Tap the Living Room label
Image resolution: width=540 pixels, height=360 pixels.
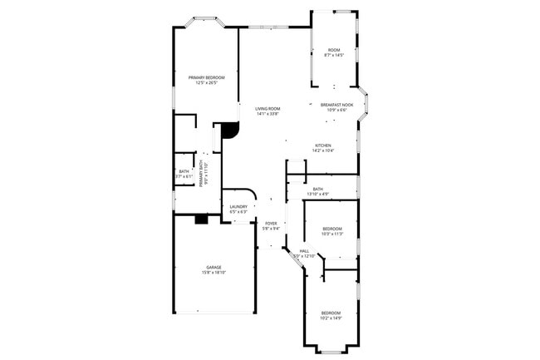[268, 109]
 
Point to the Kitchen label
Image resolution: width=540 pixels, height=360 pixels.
[323, 145]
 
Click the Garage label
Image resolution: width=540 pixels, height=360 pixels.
[214, 267]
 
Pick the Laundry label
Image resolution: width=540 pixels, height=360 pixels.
[238, 206]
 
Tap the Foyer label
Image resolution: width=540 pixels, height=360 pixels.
[271, 223]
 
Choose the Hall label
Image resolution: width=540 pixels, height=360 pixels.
[304, 250]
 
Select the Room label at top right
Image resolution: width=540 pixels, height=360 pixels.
[334, 50]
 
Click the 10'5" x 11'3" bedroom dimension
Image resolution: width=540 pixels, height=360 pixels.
[332, 234]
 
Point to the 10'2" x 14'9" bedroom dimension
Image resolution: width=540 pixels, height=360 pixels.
[331, 318]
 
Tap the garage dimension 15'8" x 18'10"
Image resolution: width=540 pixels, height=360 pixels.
[214, 272]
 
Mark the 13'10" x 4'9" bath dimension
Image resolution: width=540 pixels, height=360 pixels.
[317, 194]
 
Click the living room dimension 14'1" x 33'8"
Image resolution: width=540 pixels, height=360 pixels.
[268, 114]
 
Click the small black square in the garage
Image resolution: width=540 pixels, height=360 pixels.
[200, 219]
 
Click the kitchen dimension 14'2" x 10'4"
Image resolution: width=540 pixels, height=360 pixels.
[323, 150]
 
